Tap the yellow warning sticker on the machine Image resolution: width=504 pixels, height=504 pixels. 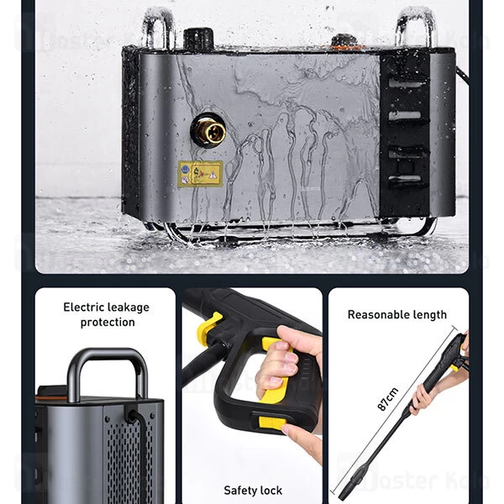[x=200, y=173]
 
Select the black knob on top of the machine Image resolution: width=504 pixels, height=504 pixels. [x=196, y=37]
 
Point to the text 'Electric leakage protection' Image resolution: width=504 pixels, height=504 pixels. [x=107, y=315]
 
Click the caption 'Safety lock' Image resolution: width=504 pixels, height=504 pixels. [x=253, y=490]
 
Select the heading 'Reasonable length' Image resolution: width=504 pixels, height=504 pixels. [x=397, y=315]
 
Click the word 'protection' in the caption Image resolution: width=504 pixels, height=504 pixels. [x=108, y=323]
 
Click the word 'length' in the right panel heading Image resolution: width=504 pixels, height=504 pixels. [x=428, y=315]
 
